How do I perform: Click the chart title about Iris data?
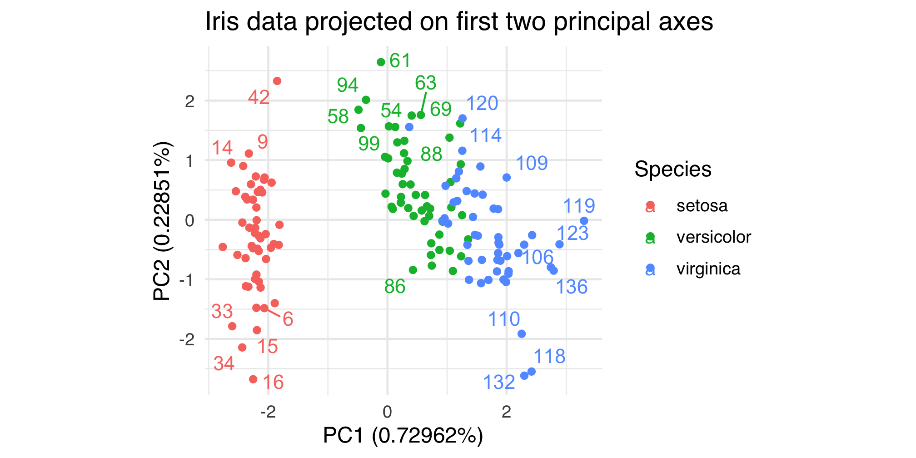click(x=459, y=22)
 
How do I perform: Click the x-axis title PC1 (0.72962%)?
click(x=403, y=436)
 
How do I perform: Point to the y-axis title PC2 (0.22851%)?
click(x=162, y=221)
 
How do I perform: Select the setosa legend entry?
click(x=702, y=206)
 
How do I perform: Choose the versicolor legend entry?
click(x=713, y=237)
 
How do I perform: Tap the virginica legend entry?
click(x=708, y=269)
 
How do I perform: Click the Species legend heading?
click(x=672, y=169)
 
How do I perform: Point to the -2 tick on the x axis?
click(x=268, y=412)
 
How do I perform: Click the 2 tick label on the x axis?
click(x=506, y=412)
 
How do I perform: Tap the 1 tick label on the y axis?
click(x=190, y=161)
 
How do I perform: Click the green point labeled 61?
click(x=381, y=62)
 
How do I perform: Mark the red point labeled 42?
click(x=277, y=81)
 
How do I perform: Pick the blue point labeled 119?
click(x=584, y=221)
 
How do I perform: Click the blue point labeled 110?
click(x=522, y=334)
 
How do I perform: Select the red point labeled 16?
click(x=253, y=379)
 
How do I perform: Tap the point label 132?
click(x=498, y=383)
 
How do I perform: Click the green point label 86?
click(x=394, y=287)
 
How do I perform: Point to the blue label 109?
click(x=532, y=163)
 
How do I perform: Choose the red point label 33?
click(x=222, y=312)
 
